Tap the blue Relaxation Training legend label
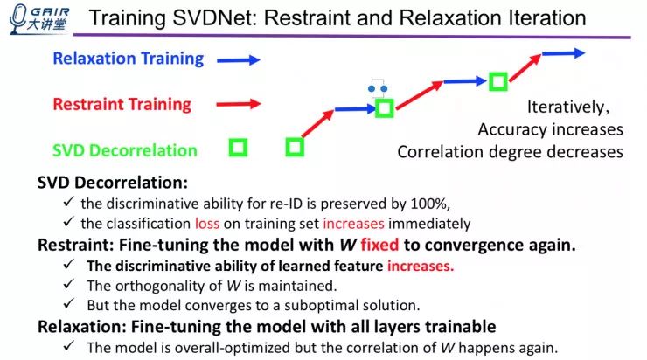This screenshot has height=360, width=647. click(128, 59)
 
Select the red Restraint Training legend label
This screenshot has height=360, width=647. click(122, 104)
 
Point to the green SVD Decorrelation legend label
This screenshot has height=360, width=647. click(124, 149)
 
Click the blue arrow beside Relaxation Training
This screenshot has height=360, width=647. click(240, 60)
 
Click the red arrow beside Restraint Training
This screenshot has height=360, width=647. click(240, 104)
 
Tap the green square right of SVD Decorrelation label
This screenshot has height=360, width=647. click(238, 148)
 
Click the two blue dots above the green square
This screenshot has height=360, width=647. click(377, 88)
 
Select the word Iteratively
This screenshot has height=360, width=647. click(567, 108)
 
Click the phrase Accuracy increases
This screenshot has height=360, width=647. click(550, 129)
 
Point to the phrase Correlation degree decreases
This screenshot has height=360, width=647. click(510, 151)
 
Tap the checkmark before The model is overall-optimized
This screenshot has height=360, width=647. click(69, 346)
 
